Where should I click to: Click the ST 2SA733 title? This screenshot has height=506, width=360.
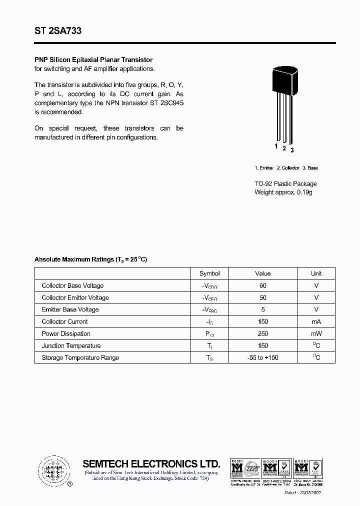pyautogui.click(x=58, y=31)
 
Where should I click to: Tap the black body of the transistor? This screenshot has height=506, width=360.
pyautogui.click(x=284, y=79)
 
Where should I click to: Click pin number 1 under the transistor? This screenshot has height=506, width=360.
pyautogui.click(x=276, y=146)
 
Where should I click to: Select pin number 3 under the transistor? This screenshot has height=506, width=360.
pyautogui.click(x=292, y=150)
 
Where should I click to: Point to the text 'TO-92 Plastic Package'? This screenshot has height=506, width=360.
pyautogui.click(x=285, y=184)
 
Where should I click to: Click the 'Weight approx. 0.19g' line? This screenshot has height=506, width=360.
pyautogui.click(x=283, y=192)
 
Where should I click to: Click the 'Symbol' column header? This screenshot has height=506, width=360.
pyautogui.click(x=209, y=273)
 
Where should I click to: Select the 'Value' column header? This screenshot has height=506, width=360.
pyautogui.click(x=263, y=273)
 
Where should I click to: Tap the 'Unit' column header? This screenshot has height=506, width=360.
pyautogui.click(x=316, y=273)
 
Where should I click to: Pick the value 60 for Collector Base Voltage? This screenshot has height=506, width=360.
pyautogui.click(x=263, y=285)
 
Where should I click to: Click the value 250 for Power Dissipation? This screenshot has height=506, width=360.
pyautogui.click(x=263, y=333)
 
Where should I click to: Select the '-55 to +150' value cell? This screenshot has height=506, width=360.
pyautogui.click(x=263, y=357)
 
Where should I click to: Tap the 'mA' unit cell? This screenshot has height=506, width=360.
pyautogui.click(x=316, y=321)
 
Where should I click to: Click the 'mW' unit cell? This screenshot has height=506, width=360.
pyautogui.click(x=316, y=333)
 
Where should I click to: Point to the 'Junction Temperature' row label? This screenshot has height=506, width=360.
pyautogui.click(x=71, y=345)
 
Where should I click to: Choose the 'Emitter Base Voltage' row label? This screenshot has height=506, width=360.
pyautogui.click(x=70, y=309)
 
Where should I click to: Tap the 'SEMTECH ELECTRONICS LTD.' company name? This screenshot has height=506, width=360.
pyautogui.click(x=151, y=463)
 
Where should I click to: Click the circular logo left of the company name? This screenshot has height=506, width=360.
pyautogui.click(x=53, y=470)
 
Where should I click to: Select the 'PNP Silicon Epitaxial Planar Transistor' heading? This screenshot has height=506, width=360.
pyautogui.click(x=93, y=60)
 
